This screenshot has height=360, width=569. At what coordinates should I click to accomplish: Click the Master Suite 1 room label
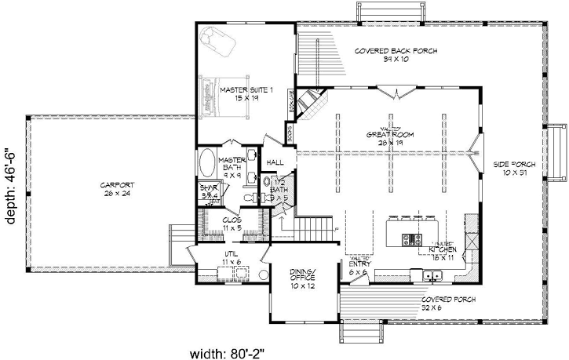click(246, 94)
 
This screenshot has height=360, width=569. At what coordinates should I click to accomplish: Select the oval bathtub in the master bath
click(207, 165)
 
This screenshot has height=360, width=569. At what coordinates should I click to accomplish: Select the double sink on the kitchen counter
click(432, 274)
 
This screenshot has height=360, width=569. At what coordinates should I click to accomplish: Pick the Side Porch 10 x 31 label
click(514, 169)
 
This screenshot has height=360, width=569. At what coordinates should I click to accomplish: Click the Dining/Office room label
click(295, 276)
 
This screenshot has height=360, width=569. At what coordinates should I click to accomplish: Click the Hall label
click(275, 162)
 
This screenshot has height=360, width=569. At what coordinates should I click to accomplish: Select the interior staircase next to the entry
click(308, 228)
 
